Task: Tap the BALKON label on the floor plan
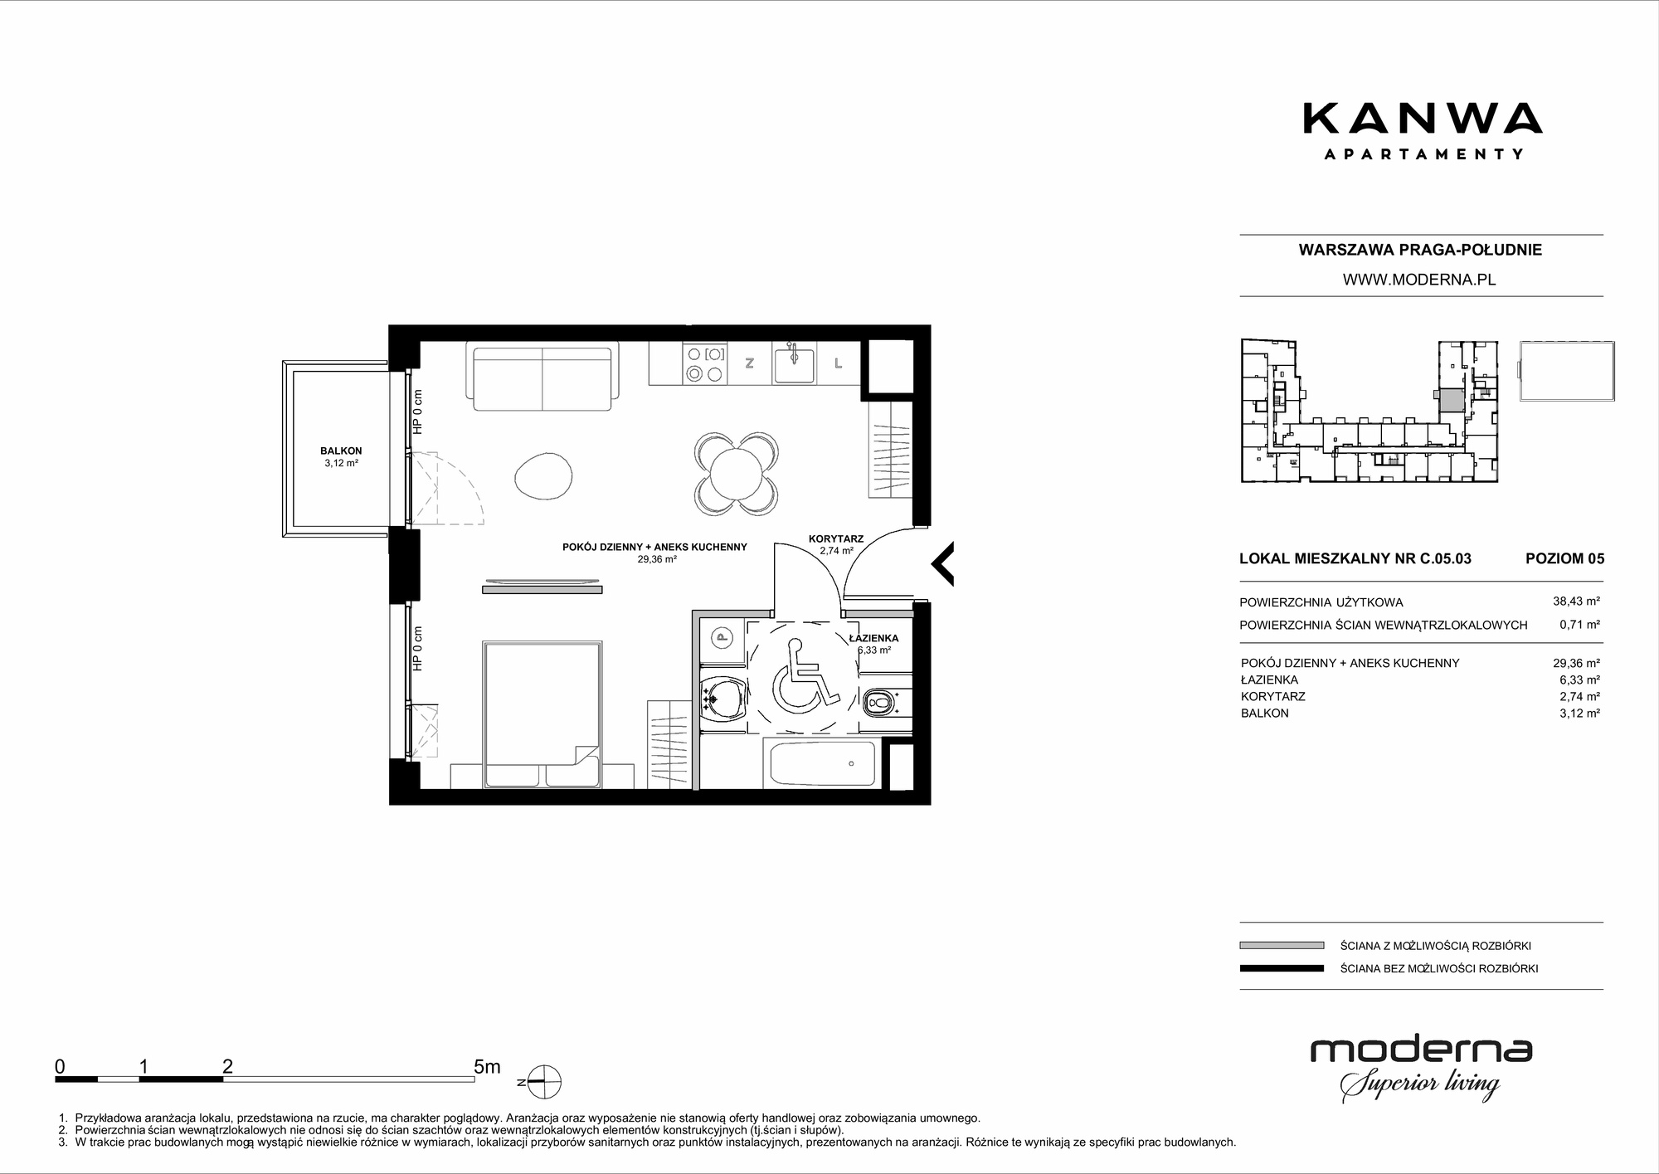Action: (341, 451)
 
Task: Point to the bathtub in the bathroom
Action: (822, 764)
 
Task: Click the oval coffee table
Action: (543, 476)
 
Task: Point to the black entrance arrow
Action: (942, 564)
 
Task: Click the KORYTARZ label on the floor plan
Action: (836, 538)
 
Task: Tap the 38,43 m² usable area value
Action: (1576, 602)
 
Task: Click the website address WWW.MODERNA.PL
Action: (1419, 280)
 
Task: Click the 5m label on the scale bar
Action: (487, 1067)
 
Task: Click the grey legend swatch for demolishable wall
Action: (1282, 945)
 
